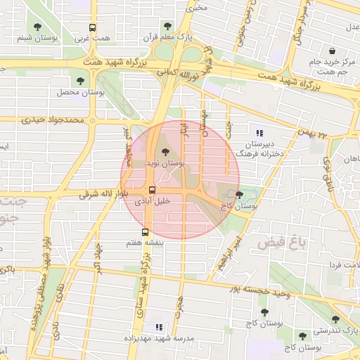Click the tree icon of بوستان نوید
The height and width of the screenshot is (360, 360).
[x=165, y=150]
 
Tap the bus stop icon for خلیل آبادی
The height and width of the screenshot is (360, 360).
[x=151, y=190]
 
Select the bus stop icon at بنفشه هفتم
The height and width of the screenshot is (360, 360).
[x=146, y=232]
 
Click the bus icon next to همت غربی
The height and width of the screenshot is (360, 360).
[x=92, y=28]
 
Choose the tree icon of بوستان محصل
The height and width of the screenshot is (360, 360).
[x=82, y=81]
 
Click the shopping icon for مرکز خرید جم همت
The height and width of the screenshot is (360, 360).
[x=332, y=51]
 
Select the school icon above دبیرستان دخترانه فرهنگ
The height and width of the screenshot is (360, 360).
[x=259, y=132]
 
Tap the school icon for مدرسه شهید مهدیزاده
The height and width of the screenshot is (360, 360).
[x=159, y=327]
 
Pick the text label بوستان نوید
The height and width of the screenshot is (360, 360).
[x=165, y=162]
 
